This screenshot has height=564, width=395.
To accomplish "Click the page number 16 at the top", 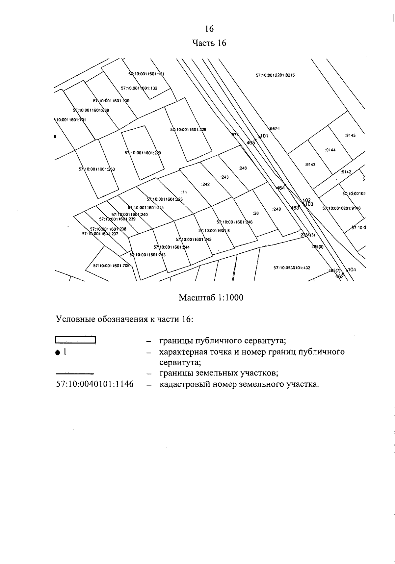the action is point(209,29).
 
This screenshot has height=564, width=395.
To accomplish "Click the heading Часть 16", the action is point(209,43).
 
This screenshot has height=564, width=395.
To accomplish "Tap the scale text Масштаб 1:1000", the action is point(211,298).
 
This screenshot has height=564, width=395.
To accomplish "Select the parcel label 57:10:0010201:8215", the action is point(275,75).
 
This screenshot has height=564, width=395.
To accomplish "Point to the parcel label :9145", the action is point(350,135).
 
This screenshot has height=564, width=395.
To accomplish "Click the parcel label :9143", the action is point(310,165).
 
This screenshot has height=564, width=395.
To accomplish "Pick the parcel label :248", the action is point(243,168).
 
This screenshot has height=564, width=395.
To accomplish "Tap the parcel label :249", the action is point(276,209).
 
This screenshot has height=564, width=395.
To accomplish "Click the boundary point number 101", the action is point(264,136).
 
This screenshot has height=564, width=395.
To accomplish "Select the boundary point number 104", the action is point(352,270).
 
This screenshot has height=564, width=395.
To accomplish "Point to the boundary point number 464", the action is point(280,188).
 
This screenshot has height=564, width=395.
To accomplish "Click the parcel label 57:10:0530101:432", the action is point(292,268).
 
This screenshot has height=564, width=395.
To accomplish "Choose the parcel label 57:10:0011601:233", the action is point(96,169).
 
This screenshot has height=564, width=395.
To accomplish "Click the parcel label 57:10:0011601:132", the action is point(139,88).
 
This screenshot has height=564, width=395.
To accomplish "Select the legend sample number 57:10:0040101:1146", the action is point(95,384).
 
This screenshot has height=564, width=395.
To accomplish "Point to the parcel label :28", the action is point(256,213).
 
